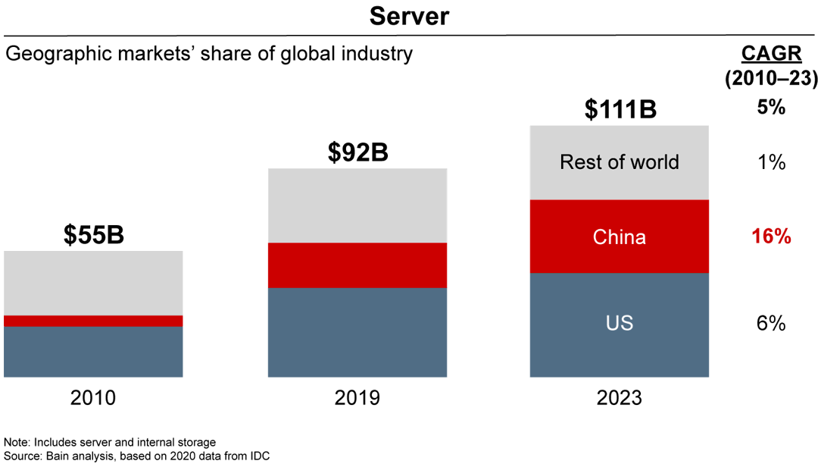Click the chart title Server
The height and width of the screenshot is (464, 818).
pos(409,16)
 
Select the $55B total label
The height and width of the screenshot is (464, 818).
pos(93,236)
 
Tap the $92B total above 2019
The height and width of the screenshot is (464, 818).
pos(357,152)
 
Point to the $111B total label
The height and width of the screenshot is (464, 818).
pos(620,109)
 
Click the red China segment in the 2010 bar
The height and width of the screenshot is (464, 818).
pos(93,321)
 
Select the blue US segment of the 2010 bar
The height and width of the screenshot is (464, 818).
pos(93,352)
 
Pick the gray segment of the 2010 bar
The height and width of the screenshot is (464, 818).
pos(93,283)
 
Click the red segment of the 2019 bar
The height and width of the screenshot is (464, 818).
pos(357,265)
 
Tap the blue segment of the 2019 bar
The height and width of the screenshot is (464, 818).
pos(357,332)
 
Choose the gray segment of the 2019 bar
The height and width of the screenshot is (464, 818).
pos(357,205)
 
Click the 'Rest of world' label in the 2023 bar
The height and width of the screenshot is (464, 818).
pos(620,162)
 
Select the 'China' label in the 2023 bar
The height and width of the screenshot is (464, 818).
pos(620,237)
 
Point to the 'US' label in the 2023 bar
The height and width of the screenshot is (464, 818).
pos(620,324)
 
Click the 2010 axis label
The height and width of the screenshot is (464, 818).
pos(93,397)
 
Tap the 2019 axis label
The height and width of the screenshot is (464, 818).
pos(357,397)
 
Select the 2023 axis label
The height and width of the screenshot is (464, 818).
pos(620,397)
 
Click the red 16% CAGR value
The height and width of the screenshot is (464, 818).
pos(771,237)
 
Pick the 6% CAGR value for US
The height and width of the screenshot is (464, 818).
pos(771,324)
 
